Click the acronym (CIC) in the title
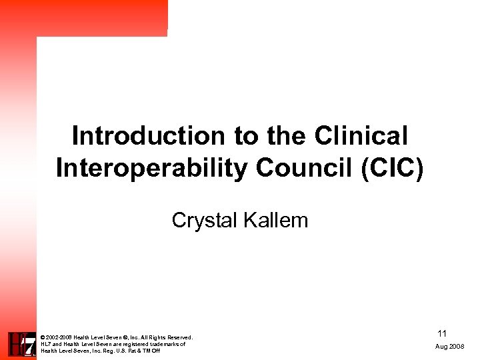coord(392,168)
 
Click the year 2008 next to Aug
coord(458,347)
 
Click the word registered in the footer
coord(134,344)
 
